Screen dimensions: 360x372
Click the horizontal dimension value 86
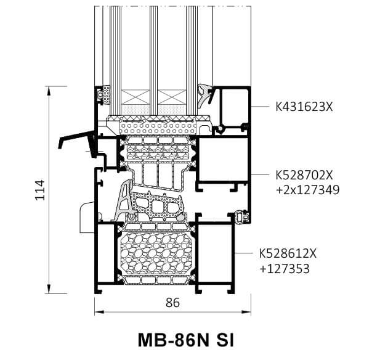point(173,303)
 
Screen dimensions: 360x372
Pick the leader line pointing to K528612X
point(243,253)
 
